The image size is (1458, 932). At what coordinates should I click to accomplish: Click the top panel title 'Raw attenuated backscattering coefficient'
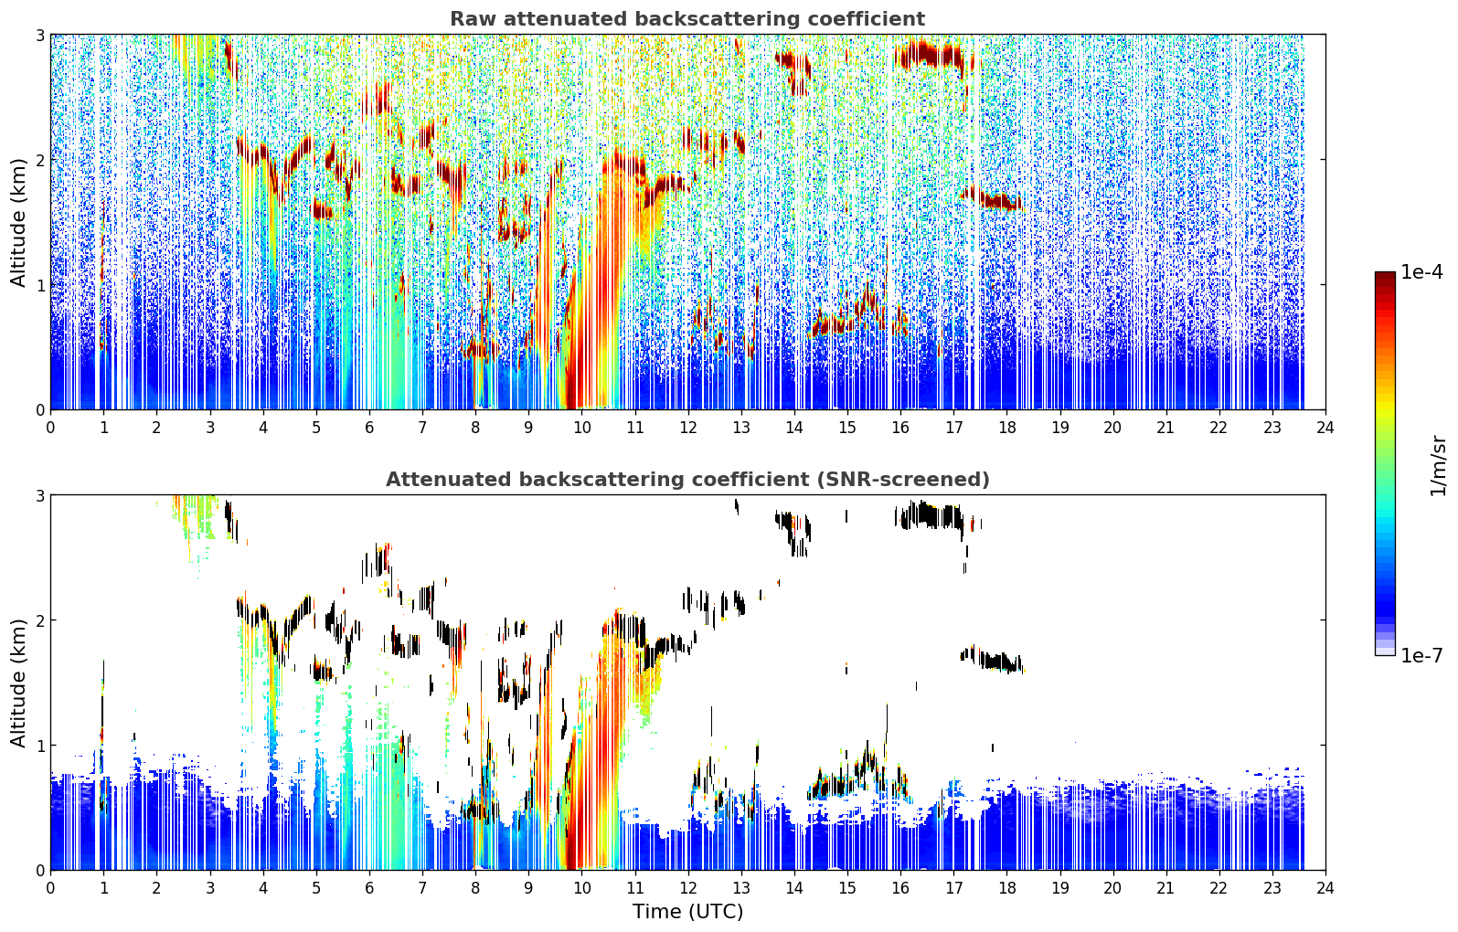[x=687, y=19]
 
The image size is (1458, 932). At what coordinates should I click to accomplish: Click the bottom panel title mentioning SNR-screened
[x=687, y=479]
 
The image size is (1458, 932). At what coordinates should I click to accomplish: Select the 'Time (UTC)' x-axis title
[x=687, y=911]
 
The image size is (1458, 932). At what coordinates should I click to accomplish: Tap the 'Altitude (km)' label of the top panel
[x=18, y=223]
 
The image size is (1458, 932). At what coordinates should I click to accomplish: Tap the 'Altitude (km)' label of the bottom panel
[x=18, y=683]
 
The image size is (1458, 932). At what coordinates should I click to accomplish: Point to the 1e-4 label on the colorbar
[x=1421, y=272]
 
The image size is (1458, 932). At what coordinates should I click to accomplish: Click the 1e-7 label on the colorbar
[x=1421, y=655]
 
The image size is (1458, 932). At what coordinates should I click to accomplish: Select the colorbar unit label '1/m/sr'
[x=1438, y=467]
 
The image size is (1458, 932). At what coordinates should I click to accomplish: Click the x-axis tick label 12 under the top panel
[x=688, y=428]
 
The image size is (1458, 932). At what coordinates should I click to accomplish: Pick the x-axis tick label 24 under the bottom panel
[x=1325, y=888]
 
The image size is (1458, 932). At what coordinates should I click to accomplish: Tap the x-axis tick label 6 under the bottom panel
[x=369, y=888]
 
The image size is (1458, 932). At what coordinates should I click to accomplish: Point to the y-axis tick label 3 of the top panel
[x=39, y=35]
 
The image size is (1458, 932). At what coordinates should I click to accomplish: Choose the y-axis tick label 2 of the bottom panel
[x=39, y=620]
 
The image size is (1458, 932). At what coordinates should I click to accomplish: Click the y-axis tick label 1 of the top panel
[x=39, y=285]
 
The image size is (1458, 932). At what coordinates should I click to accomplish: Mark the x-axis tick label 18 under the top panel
[x=1007, y=428]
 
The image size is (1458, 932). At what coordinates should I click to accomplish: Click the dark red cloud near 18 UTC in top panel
[x=995, y=199]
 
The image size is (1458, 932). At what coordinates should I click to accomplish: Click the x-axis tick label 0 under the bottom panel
[x=51, y=888]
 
